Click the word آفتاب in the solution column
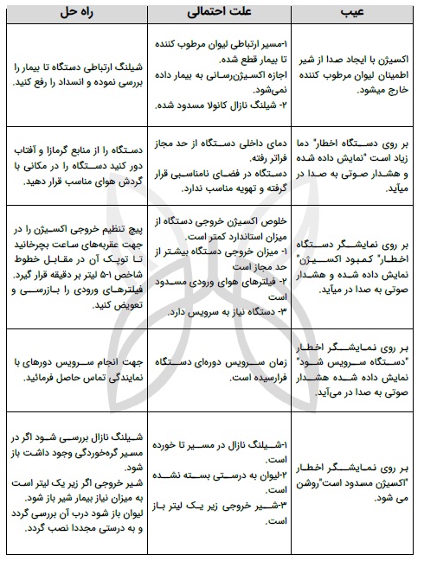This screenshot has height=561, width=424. [29, 152]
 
